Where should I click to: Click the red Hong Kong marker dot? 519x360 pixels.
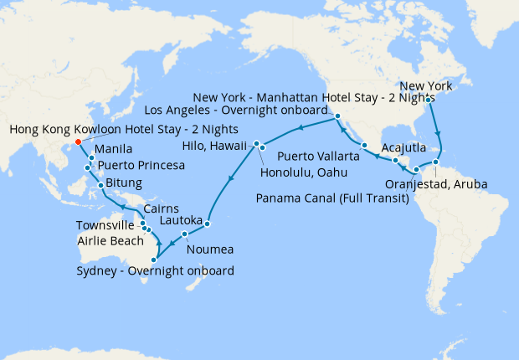click(x=78, y=141)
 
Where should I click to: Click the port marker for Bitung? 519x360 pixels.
click(x=101, y=185)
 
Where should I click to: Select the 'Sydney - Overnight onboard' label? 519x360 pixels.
click(x=154, y=270)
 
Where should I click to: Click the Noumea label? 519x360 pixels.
click(x=210, y=249)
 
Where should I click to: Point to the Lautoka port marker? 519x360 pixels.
click(x=207, y=224)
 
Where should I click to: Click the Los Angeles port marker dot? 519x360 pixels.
click(x=337, y=116)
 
